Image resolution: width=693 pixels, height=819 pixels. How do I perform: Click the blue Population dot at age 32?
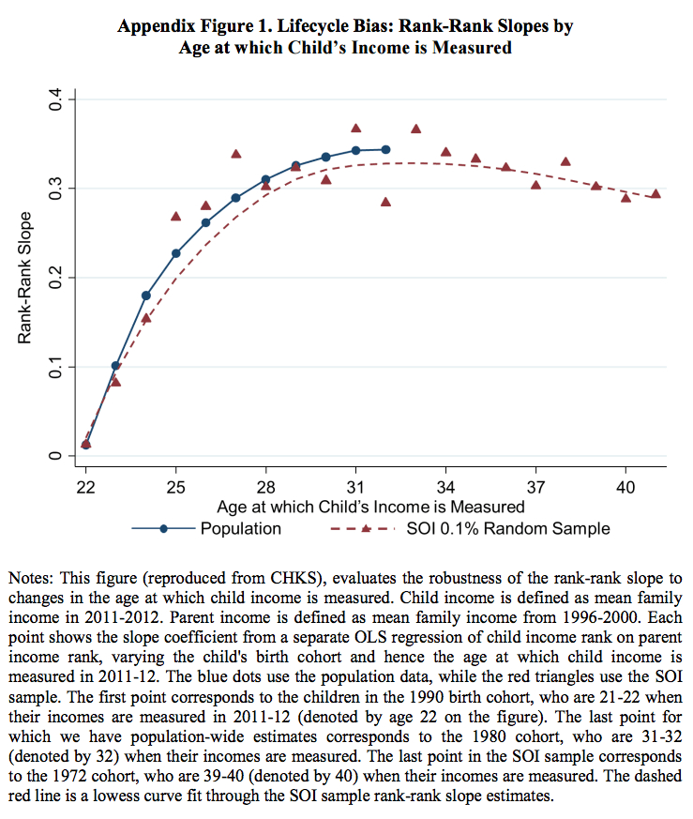[385, 149]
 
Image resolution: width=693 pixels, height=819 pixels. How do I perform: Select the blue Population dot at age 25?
[175, 253]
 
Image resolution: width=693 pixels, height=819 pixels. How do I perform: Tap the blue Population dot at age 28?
[265, 179]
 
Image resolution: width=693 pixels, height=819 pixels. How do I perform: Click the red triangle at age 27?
[235, 154]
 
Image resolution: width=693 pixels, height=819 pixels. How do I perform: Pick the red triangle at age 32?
[385, 202]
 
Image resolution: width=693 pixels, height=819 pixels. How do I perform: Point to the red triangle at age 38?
[565, 161]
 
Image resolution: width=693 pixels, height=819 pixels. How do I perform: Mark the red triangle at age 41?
[655, 194]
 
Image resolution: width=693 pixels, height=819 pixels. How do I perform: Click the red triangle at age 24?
[145, 318]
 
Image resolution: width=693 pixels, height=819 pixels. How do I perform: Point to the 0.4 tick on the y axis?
[53, 99]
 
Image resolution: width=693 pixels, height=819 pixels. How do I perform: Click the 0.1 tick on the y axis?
[53, 367]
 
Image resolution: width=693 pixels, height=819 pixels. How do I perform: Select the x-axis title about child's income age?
[370, 507]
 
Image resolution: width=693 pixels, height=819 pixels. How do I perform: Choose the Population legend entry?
[240, 528]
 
